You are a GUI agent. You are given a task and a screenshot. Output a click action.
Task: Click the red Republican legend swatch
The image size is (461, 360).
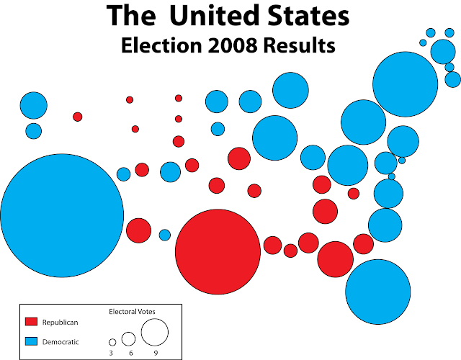(x=31, y=322)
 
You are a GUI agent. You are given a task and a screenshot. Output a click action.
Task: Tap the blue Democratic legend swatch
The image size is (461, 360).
(x=31, y=341)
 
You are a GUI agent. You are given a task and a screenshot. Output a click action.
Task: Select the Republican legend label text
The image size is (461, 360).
(x=61, y=322)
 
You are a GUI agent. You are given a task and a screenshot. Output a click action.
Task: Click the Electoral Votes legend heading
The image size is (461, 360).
(x=132, y=312)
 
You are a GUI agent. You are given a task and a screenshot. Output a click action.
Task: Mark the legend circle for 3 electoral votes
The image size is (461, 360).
(x=112, y=342)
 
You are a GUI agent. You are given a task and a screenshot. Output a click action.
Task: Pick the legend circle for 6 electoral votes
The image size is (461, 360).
(x=128, y=338)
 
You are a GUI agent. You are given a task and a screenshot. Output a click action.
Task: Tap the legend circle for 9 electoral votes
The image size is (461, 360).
(x=154, y=332)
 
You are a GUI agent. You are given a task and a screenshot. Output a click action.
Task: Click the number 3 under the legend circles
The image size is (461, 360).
(x=112, y=353)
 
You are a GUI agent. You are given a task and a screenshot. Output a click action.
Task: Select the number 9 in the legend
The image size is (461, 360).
(x=154, y=353)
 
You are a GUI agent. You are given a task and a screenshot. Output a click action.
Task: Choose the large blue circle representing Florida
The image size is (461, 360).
(x=379, y=292)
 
